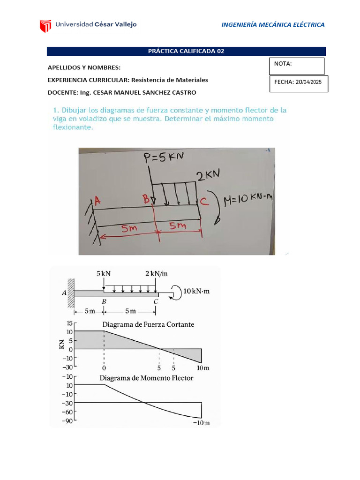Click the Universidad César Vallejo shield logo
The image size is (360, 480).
click(x=45, y=25)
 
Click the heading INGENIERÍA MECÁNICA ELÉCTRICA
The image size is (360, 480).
click(x=273, y=25)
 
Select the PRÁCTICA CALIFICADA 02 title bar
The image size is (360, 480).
click(x=186, y=52)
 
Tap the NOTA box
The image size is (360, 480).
click(x=296, y=66)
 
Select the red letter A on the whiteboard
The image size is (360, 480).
click(x=97, y=201)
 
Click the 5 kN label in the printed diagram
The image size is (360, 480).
click(x=104, y=273)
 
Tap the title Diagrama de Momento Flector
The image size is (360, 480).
click(x=146, y=378)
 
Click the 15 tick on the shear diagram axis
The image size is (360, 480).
click(x=69, y=323)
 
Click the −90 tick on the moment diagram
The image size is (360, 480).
click(x=67, y=420)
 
